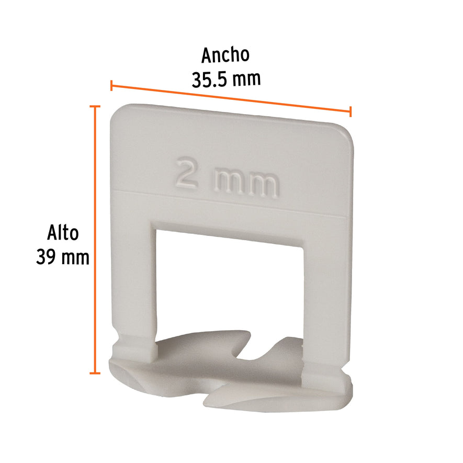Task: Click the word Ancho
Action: [225, 55]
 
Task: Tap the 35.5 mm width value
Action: [225, 79]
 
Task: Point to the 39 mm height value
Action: [63, 257]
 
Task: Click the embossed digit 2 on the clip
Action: [187, 173]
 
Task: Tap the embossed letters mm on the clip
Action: [245, 183]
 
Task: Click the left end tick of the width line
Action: [111, 85]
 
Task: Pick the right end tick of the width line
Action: [351, 111]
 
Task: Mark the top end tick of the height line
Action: [95, 106]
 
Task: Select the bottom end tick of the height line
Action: [95, 373]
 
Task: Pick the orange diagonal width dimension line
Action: [231, 98]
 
